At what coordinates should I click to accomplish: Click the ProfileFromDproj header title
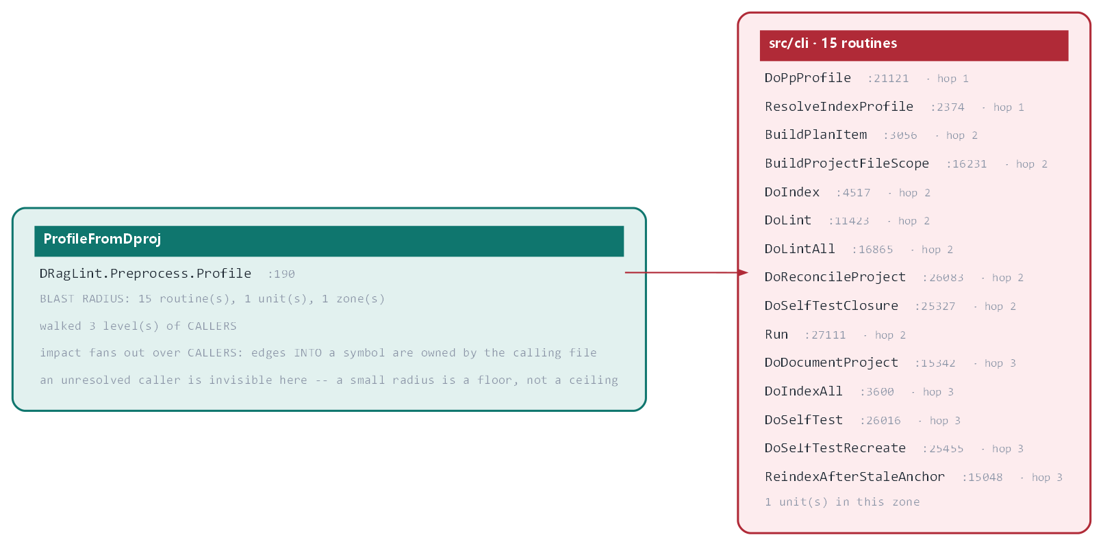click(x=102, y=239)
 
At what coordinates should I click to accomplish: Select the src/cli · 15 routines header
click(x=833, y=43)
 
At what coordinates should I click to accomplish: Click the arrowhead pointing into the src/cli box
click(x=743, y=272)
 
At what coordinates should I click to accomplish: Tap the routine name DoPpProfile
click(x=807, y=78)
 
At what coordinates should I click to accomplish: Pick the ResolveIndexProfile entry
click(x=839, y=107)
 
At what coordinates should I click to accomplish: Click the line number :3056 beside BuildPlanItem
click(x=900, y=135)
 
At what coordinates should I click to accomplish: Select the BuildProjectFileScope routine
click(x=847, y=164)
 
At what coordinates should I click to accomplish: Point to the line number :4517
click(x=853, y=192)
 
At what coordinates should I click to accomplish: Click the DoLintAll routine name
click(x=800, y=249)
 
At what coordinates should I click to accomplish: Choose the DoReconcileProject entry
click(x=835, y=277)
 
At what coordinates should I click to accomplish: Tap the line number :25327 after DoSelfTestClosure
click(x=935, y=306)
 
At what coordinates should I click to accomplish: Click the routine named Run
click(x=776, y=335)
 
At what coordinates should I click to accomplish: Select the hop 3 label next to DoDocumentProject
click(x=1000, y=363)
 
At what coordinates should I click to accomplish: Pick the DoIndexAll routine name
click(x=804, y=391)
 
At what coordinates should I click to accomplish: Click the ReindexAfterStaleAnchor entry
click(x=855, y=477)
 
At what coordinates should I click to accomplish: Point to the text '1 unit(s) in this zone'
click(x=842, y=502)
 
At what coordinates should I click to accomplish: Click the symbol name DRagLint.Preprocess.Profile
click(x=145, y=274)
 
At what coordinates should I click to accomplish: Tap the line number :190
click(x=281, y=274)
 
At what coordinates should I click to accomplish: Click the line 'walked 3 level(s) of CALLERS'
click(x=138, y=326)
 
